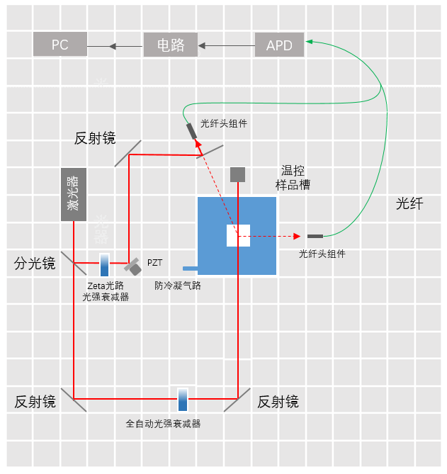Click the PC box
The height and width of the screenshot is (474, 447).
tap(60, 45)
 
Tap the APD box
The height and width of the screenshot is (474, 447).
tap(279, 45)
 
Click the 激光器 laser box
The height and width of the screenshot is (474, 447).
tap(74, 194)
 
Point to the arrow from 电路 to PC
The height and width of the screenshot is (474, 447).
tap(115, 47)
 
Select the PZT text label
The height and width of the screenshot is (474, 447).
tap(154, 263)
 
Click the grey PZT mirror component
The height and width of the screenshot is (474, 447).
tap(132, 266)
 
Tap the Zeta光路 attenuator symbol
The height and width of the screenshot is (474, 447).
tap(104, 265)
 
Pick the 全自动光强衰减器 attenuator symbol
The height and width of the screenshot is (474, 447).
tap(183, 400)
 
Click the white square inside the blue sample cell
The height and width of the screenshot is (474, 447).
tap(238, 235)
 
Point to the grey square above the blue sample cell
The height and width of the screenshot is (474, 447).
tap(237, 174)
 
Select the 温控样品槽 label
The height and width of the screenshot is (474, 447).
tap(293, 178)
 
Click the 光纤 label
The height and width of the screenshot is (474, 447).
tap(409, 204)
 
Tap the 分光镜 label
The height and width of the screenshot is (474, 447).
tap(35, 264)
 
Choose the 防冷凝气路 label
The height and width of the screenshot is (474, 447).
tap(178, 286)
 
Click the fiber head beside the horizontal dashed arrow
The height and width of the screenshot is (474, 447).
tap(315, 236)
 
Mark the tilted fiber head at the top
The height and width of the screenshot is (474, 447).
tap(192, 132)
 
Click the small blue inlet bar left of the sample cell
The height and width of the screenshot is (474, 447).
tap(190, 268)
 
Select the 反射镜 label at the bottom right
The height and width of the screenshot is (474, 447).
tap(278, 402)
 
